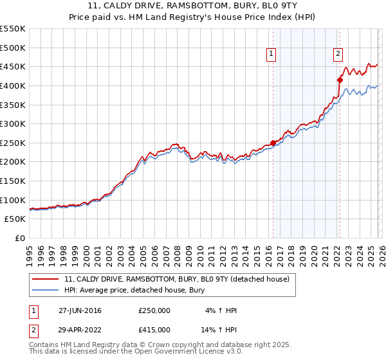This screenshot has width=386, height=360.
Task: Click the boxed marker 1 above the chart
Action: pyautogui.click(x=271, y=55)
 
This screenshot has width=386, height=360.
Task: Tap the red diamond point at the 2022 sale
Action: pyautogui.click(x=340, y=80)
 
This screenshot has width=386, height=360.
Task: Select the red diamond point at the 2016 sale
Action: pyautogui.click(x=273, y=143)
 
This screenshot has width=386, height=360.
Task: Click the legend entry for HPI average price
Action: pyautogui.click(x=134, y=291)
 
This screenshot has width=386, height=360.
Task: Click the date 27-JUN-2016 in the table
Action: pyautogui.click(x=80, y=310)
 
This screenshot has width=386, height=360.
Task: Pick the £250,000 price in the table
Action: pyautogui.click(x=154, y=310)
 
